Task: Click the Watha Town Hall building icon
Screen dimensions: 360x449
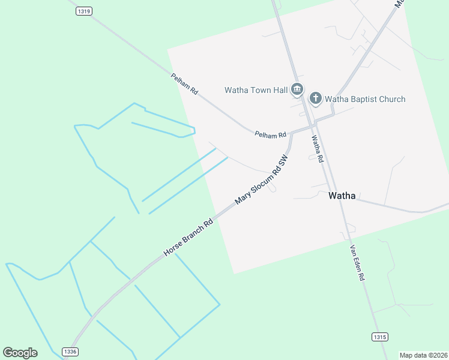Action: [x=297, y=90]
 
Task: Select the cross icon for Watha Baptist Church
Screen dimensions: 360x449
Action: [x=316, y=98]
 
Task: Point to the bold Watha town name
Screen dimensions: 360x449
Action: [x=342, y=196]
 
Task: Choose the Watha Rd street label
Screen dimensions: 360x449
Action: [x=317, y=149]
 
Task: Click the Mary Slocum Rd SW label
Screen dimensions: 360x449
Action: [x=262, y=180]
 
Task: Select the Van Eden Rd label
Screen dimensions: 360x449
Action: [x=357, y=263]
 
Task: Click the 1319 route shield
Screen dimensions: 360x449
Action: [x=85, y=11]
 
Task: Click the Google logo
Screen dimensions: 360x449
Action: [x=20, y=353]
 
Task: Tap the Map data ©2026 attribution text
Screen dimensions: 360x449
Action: [x=424, y=355]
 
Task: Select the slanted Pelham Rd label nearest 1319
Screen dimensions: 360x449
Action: [x=184, y=85]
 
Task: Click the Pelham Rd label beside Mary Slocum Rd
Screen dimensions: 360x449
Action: [x=270, y=135]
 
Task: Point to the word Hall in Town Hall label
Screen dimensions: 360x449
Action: [x=280, y=91]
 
